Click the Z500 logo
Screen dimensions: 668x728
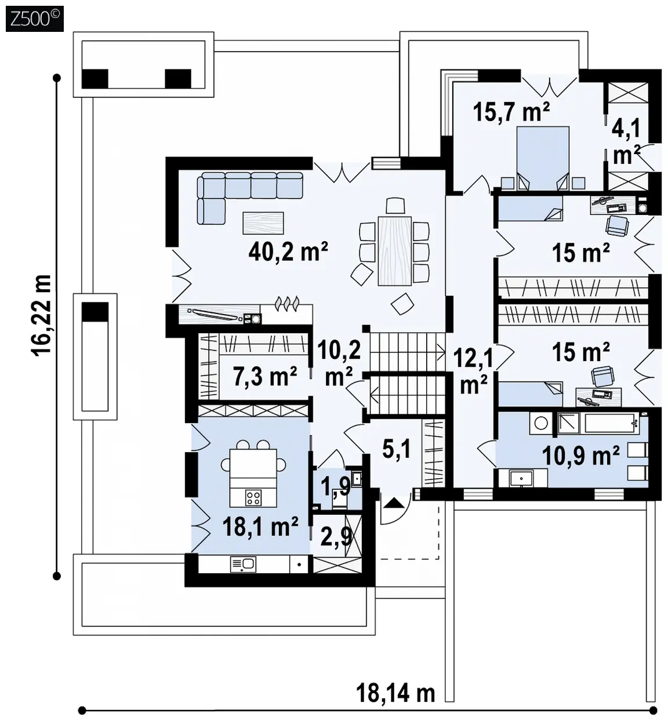[35, 19]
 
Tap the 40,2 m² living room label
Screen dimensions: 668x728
[288, 252]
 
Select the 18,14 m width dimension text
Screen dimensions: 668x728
[395, 693]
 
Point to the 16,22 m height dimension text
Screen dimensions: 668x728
[42, 315]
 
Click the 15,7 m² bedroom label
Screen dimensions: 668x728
[511, 112]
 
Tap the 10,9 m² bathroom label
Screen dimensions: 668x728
[580, 456]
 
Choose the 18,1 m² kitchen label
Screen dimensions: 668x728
[260, 527]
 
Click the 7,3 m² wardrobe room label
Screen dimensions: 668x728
[265, 376]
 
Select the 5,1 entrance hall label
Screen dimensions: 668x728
[397, 449]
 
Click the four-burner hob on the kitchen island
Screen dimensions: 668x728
[253, 497]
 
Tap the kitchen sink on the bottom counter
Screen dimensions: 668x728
[244, 565]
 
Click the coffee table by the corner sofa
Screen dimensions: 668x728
[263, 223]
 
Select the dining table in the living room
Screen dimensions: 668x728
[394, 251]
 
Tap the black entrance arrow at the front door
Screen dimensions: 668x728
[394, 503]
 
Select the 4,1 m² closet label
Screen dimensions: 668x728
[626, 142]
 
